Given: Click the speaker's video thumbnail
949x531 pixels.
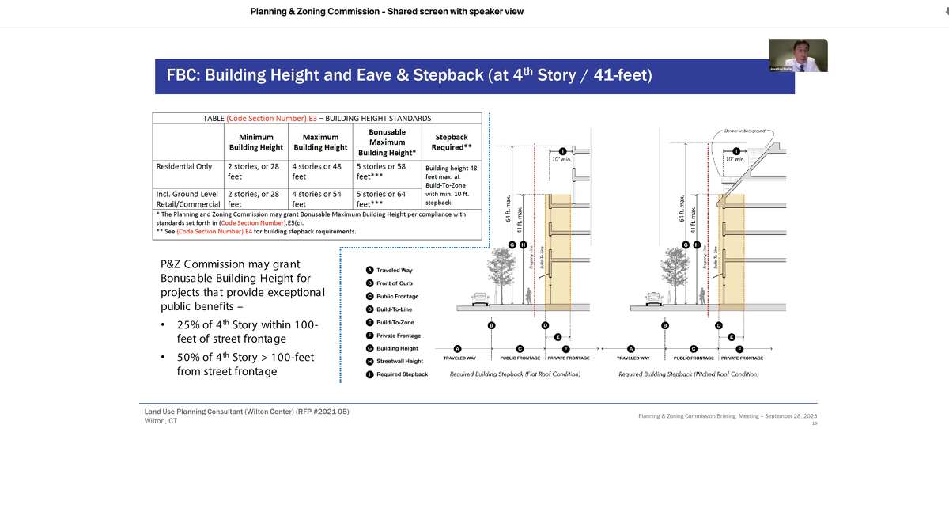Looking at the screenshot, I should (x=798, y=55).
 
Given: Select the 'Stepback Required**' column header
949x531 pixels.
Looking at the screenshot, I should (x=451, y=142).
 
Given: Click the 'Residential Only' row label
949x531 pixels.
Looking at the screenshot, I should (x=184, y=167).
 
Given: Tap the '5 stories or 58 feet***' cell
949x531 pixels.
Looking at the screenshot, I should (x=381, y=172).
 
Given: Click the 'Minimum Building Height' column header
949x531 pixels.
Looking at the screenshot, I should (x=255, y=142).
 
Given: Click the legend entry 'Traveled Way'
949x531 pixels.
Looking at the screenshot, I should (x=393, y=270).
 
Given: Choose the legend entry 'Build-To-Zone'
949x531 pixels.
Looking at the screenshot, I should (x=395, y=323).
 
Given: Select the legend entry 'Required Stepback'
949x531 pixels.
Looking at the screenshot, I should (x=401, y=374).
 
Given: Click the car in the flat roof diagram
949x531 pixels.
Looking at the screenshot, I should (x=480, y=299).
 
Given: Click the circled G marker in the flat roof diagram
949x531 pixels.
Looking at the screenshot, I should (x=512, y=245).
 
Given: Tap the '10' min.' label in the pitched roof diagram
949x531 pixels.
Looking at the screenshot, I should (x=735, y=159).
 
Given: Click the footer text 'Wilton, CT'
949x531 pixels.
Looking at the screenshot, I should (x=161, y=421).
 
